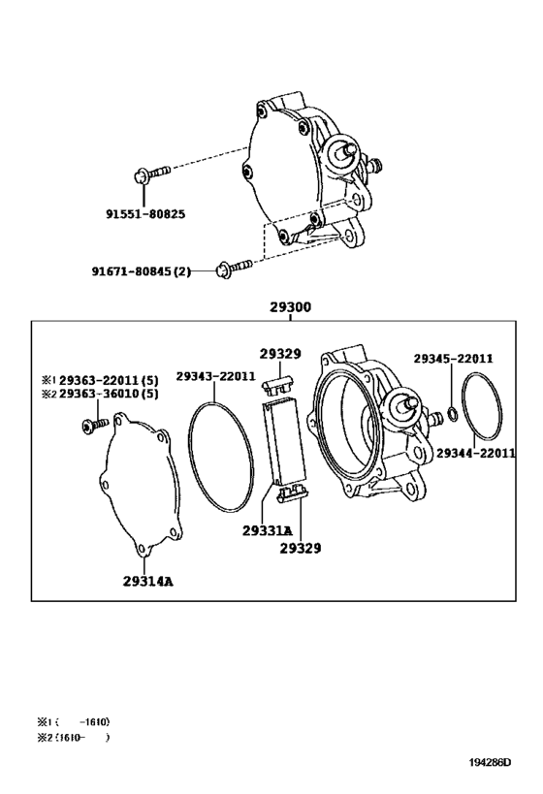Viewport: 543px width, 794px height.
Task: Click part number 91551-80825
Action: [x=145, y=214]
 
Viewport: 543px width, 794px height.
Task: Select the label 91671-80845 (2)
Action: [x=142, y=271]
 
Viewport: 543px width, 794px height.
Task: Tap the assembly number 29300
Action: [x=290, y=307]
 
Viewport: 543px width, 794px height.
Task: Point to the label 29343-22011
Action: [x=216, y=376]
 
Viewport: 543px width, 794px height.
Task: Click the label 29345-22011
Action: [x=453, y=359]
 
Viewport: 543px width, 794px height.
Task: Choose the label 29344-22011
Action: [x=476, y=453]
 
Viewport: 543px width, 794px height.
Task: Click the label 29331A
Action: [x=267, y=530]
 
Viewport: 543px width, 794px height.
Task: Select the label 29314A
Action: [x=148, y=582]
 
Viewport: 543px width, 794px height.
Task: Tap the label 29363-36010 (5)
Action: [x=109, y=394]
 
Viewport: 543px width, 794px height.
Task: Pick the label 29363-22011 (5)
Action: [x=109, y=380]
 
